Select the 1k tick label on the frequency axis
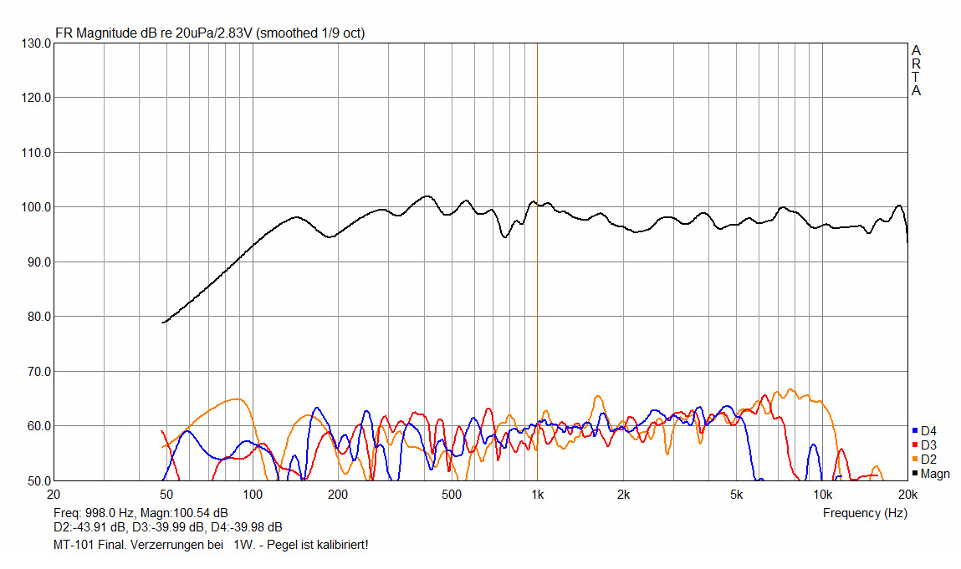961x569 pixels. click(537, 494)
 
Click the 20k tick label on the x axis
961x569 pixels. click(906, 494)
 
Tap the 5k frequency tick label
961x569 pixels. click(736, 494)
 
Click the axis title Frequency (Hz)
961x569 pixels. click(865, 512)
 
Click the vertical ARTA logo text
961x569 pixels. click(917, 71)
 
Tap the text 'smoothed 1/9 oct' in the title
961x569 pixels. click(310, 33)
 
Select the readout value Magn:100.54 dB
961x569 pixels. click(178, 512)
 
